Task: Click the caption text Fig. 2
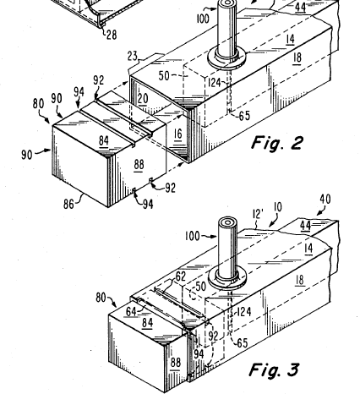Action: coord(277,143)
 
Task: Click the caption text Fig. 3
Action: coord(274,369)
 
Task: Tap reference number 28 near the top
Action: coord(112,35)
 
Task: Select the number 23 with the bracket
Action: coord(133,56)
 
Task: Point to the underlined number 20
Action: coord(143,99)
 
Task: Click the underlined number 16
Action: coord(178,134)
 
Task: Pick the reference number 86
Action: coord(68,204)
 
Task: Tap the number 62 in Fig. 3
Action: coord(180,276)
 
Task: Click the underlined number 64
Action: coord(131,312)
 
